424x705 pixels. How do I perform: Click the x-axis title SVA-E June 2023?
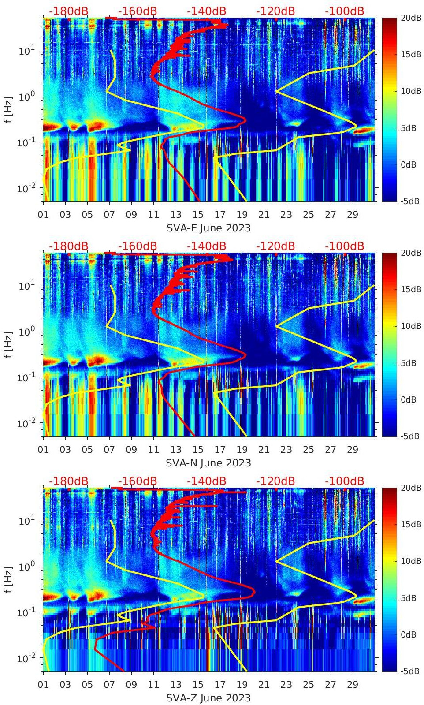pos(208,228)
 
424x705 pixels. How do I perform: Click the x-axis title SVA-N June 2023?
pos(208,463)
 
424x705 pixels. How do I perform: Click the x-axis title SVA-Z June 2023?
pos(208,698)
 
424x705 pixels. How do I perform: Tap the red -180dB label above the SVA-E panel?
pos(68,11)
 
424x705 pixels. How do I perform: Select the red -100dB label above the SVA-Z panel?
pos(344,481)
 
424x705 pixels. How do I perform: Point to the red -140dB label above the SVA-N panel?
pos(206,246)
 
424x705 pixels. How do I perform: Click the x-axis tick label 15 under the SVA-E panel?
pos(198,215)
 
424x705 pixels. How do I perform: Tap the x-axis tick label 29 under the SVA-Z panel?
pos(353,685)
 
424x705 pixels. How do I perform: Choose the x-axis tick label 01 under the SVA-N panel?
pos(43,450)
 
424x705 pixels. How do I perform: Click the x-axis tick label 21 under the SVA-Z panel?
pos(264,685)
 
